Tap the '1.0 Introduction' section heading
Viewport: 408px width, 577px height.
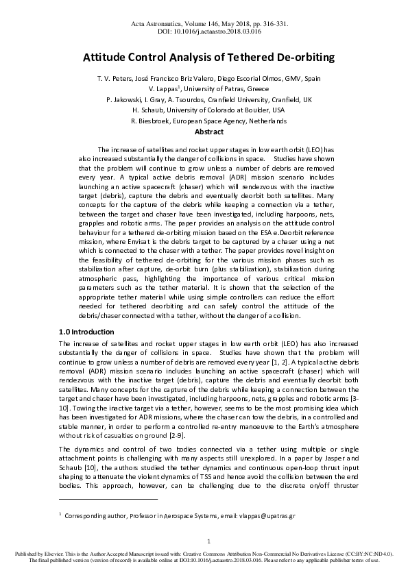tap(86, 332)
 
